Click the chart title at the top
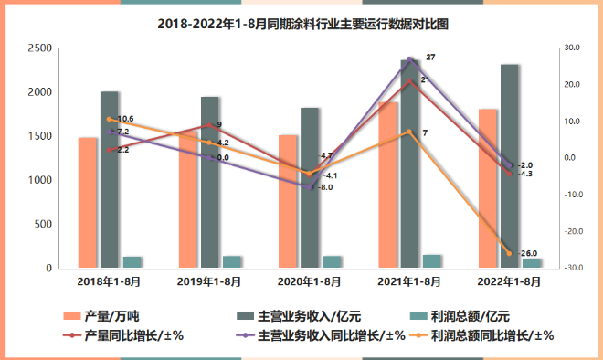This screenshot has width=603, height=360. pyautogui.click(x=302, y=23)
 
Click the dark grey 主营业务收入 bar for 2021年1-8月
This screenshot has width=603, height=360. pyautogui.click(x=409, y=164)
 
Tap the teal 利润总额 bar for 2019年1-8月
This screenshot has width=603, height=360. pyautogui.click(x=232, y=262)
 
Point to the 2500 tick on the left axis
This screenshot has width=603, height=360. pyautogui.click(x=37, y=48)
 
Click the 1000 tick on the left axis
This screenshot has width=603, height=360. pyautogui.click(x=37, y=180)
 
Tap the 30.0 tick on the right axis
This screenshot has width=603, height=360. pyautogui.click(x=574, y=48)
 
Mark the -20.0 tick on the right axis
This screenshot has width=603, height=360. pyautogui.click(x=574, y=232)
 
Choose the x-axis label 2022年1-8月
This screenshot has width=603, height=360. pyautogui.click(x=510, y=281)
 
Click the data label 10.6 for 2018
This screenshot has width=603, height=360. pyautogui.click(x=125, y=119)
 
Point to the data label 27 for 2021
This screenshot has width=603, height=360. pyautogui.click(x=430, y=58)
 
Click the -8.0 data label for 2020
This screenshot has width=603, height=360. pyautogui.click(x=325, y=187)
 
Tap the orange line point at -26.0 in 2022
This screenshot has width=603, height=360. pyautogui.click(x=510, y=253)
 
